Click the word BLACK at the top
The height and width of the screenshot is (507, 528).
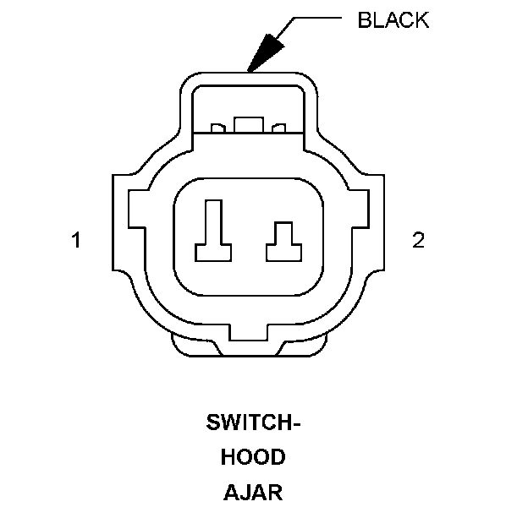(x=393, y=20)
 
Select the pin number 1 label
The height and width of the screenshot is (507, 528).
(x=76, y=241)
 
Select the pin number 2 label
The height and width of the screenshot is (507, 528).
(x=417, y=241)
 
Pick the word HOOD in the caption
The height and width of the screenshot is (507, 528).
(x=253, y=457)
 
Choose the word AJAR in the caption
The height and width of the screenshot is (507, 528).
(x=253, y=491)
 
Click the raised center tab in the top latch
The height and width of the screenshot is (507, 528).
(x=248, y=125)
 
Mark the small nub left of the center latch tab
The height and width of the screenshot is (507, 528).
(x=217, y=129)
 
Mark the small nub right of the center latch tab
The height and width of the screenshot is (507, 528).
(x=279, y=129)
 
